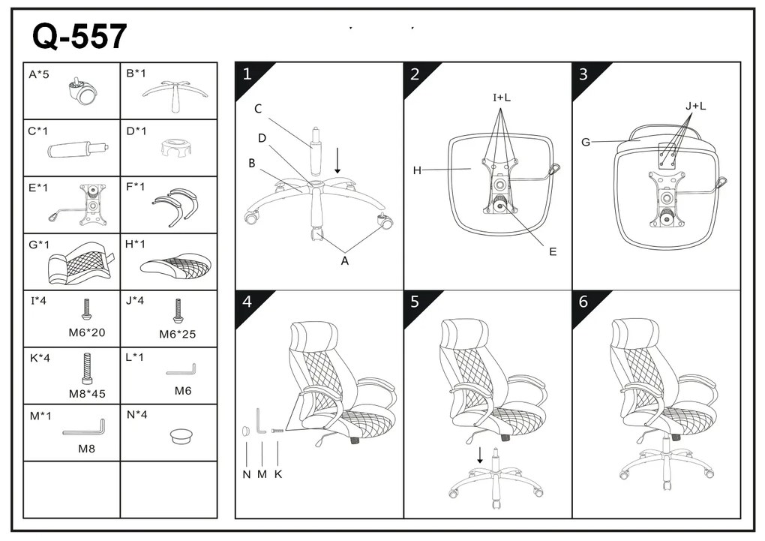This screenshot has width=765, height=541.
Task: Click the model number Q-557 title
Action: (79, 36)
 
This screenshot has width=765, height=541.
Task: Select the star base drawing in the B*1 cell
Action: (175, 95)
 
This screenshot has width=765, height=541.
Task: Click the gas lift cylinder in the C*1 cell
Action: (78, 149)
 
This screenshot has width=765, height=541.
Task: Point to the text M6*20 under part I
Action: (87, 332)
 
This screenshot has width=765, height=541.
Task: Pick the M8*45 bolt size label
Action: (87, 393)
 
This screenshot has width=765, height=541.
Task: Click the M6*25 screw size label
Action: (178, 334)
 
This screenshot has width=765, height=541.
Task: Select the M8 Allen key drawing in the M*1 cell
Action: (85, 428)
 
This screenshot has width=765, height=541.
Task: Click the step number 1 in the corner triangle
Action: (247, 74)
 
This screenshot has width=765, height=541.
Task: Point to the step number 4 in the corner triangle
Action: (247, 302)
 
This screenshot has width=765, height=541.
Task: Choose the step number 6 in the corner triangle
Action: (583, 302)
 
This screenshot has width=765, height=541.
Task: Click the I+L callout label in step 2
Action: (502, 98)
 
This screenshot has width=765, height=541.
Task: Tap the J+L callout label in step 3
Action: (696, 106)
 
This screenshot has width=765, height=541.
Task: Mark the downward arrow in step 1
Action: (337, 161)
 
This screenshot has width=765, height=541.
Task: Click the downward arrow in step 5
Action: (480, 455)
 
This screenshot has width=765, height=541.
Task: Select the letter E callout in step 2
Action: (553, 251)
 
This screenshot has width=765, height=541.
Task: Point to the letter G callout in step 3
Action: (586, 142)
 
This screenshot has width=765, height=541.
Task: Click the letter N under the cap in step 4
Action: (247, 474)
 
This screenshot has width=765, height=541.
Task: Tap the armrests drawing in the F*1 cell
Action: (175, 206)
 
